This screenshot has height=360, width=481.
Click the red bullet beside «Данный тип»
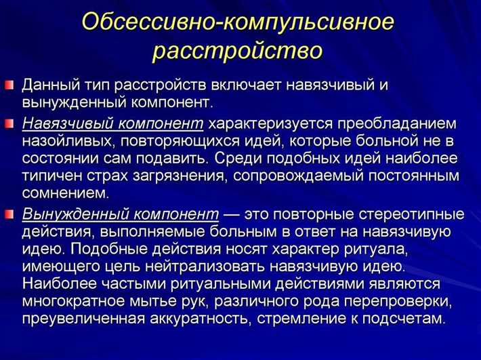(10, 87)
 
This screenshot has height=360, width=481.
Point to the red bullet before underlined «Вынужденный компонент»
(10, 214)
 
